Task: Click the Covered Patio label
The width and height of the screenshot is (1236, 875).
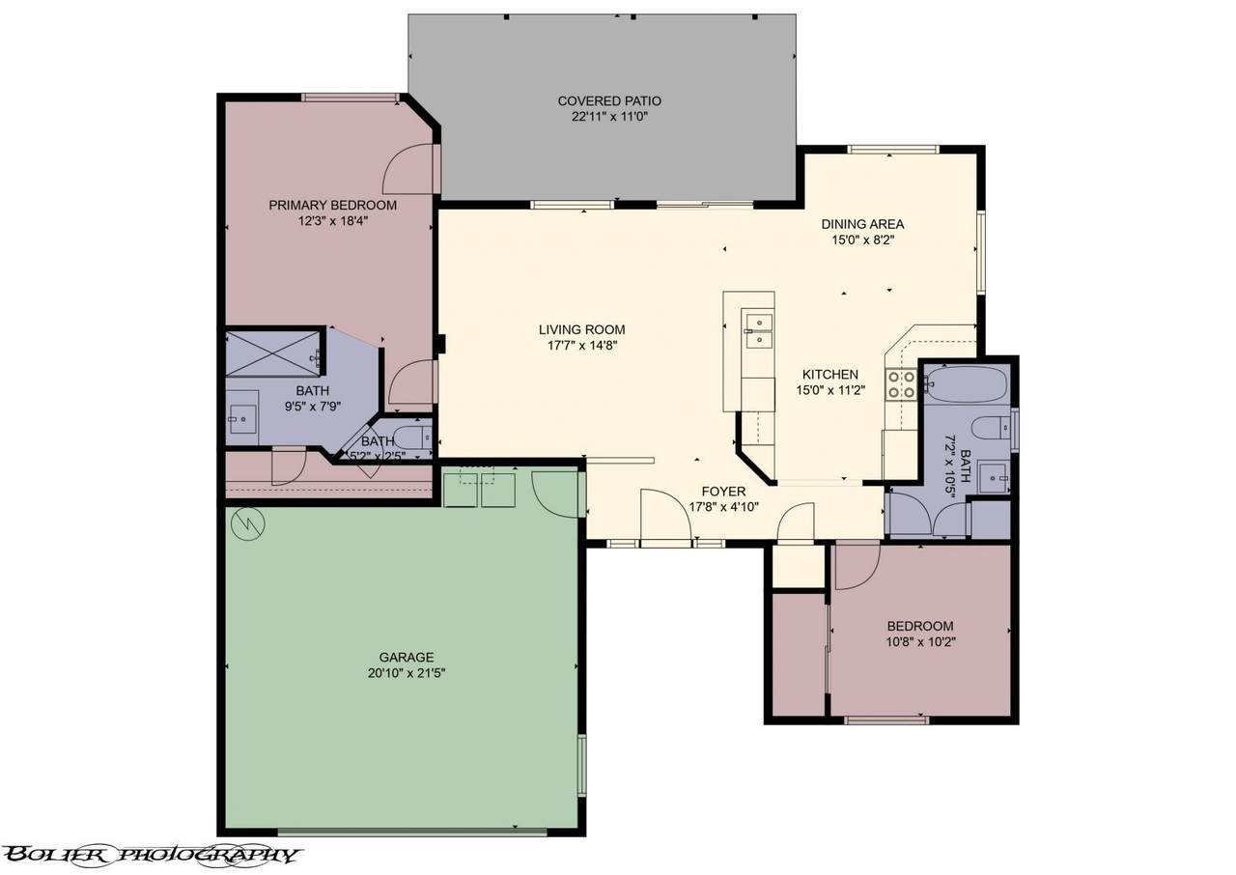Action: coord(609,101)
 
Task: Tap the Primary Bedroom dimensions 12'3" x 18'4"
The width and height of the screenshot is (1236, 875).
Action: coord(333,221)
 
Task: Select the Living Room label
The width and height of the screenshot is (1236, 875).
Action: coord(581,329)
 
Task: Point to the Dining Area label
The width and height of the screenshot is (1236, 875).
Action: coord(862,224)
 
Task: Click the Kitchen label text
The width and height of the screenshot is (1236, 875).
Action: coord(829,374)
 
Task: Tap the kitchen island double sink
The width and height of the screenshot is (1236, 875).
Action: coord(759,330)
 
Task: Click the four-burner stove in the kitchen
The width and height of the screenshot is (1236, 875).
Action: coord(901,384)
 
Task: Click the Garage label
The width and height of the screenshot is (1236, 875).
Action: coord(407,657)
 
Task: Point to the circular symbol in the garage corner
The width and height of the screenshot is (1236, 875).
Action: coord(248,523)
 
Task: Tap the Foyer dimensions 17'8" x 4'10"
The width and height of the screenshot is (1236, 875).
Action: coord(724,507)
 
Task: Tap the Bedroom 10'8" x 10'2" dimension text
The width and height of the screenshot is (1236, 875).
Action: coord(920,641)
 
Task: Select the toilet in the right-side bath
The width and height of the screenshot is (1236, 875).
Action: coord(991,428)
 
